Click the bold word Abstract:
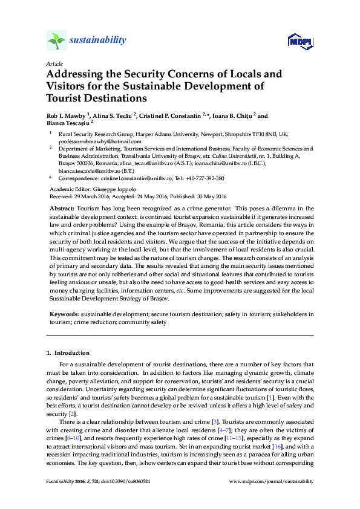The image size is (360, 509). (62, 208)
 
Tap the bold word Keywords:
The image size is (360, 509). (64, 314)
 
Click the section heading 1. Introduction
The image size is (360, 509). (68, 352)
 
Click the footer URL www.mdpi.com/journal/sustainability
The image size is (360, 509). (272, 481)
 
